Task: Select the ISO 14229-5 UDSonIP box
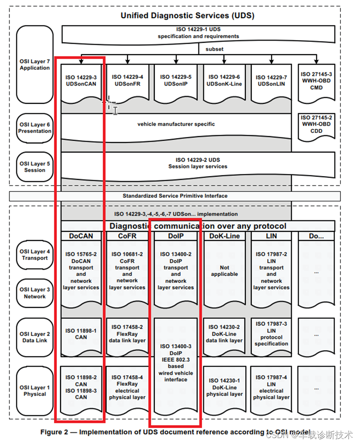176,81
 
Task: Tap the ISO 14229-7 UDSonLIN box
271,81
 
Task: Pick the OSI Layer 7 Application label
35,64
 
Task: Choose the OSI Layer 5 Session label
35,167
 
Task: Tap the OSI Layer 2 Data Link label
35,337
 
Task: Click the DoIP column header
176,236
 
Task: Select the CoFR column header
127,236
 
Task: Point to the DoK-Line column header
224,236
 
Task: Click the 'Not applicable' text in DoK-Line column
224,271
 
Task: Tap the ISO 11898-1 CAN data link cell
81,334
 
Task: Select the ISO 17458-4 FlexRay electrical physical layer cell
127,388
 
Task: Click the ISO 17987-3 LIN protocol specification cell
271,334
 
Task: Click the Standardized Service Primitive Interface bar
175,196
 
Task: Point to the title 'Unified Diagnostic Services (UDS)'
187,15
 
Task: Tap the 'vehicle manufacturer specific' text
176,124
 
